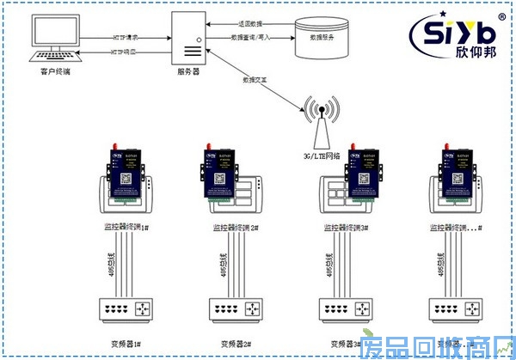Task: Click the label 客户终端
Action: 57,72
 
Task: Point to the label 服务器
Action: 187,73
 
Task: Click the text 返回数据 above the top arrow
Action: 249,23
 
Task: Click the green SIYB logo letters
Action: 450,32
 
